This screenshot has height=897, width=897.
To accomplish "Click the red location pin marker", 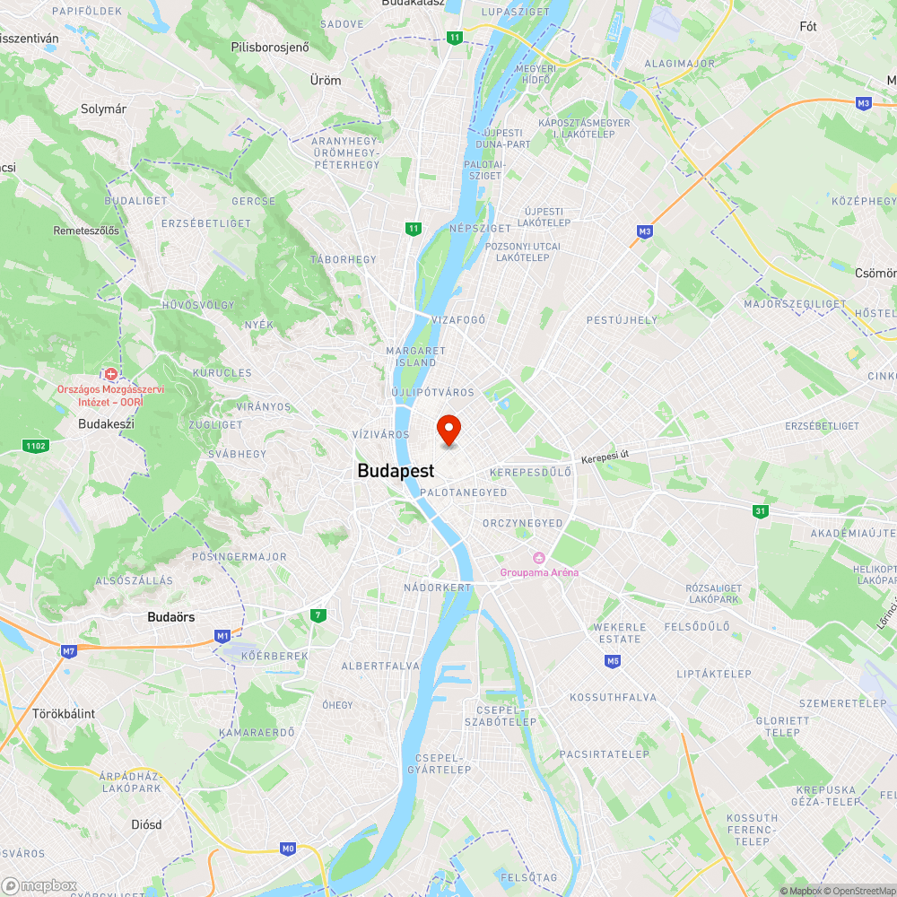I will pyautogui.click(x=448, y=431).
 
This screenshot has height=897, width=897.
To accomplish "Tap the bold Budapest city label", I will pyautogui.click(x=396, y=471).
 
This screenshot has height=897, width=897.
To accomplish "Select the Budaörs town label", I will pyautogui.click(x=171, y=617).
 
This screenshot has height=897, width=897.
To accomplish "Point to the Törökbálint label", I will pyautogui.click(x=64, y=714).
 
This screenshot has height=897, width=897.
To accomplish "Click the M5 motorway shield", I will pyautogui.click(x=613, y=662).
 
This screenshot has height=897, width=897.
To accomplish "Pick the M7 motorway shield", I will pyautogui.click(x=69, y=651).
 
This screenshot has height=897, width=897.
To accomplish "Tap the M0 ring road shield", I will pyautogui.click(x=288, y=848).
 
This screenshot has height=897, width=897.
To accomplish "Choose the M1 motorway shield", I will pyautogui.click(x=222, y=636).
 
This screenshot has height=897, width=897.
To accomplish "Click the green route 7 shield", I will pyautogui.click(x=318, y=615).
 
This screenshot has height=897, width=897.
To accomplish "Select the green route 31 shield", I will pyautogui.click(x=761, y=510).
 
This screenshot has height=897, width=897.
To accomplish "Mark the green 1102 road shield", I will pyautogui.click(x=35, y=445).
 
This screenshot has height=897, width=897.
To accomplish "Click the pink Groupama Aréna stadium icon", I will pyautogui.click(x=539, y=558).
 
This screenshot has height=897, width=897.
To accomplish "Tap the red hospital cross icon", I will pyautogui.click(x=111, y=373).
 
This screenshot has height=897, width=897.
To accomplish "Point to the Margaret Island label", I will pyautogui.click(x=415, y=356).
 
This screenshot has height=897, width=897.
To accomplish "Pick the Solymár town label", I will pyautogui.click(x=103, y=109).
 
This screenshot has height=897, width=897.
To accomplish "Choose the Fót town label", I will pyautogui.click(x=808, y=27).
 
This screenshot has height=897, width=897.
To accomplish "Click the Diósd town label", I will pyautogui.click(x=146, y=823).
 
